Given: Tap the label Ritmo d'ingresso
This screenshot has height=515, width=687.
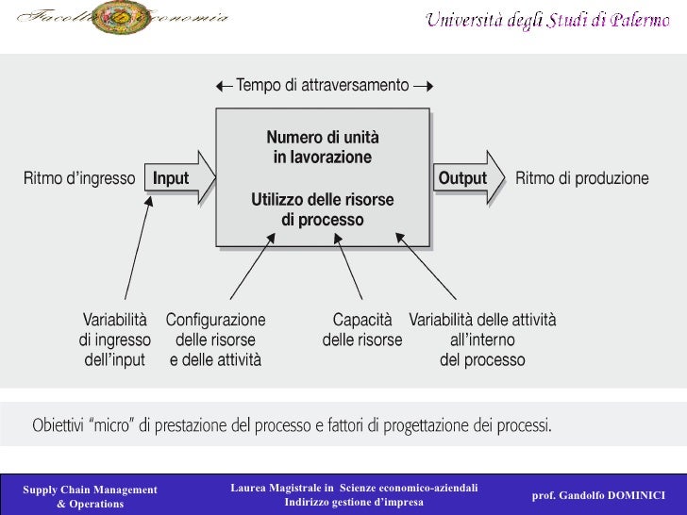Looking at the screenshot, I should click(79, 178).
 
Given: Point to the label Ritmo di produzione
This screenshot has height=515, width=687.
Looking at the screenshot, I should click(582, 178).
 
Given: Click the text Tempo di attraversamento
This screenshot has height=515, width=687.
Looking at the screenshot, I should click(323, 86).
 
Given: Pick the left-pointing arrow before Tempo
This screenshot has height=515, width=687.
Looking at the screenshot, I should click(224, 87).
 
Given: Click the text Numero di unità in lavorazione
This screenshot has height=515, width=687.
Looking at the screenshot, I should click(323, 147).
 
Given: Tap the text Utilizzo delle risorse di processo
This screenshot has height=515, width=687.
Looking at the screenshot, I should click(323, 209).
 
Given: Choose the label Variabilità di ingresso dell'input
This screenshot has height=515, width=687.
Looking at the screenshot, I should click(115, 340).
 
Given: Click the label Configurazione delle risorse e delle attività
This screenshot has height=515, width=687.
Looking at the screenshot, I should click(215, 340).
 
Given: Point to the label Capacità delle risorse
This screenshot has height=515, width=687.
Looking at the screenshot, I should click(362, 330).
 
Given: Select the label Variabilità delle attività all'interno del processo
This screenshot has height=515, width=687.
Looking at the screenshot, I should click(482, 340).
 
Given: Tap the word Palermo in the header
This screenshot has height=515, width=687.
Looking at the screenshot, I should click(640, 20).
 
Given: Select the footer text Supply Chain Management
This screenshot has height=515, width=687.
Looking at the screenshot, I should click(90, 490).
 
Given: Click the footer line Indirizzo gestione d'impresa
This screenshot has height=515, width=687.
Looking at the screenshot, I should click(354, 502).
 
